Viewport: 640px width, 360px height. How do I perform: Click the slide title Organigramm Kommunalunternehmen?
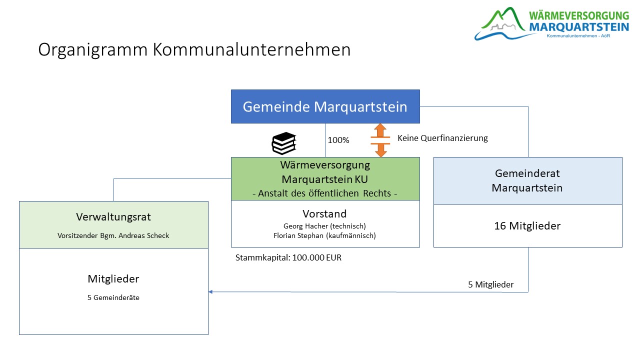click(194, 50)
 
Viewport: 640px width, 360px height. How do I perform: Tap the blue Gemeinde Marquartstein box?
click(325, 106)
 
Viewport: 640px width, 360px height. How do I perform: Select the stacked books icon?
click(284, 143)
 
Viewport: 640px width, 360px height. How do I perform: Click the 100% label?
click(338, 140)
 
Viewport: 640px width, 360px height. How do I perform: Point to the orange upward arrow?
click(380, 131)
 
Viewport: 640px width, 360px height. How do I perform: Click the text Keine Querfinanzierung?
click(442, 138)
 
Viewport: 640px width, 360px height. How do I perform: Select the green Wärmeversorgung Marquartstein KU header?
click(325, 172)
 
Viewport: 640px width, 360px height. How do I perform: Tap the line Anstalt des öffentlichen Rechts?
click(325, 193)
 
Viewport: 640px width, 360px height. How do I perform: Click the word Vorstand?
click(325, 214)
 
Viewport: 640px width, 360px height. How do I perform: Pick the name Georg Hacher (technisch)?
click(325, 226)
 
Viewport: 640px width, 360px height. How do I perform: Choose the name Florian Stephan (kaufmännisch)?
click(325, 235)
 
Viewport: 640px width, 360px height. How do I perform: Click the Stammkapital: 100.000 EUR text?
click(288, 258)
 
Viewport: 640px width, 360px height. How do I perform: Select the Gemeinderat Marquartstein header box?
click(527, 180)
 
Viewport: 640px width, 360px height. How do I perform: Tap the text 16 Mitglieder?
click(527, 226)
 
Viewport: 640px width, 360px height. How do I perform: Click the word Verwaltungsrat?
click(113, 217)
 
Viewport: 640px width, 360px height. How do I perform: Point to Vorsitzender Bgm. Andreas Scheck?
click(113, 235)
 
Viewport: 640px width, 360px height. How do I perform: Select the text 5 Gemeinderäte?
click(113, 297)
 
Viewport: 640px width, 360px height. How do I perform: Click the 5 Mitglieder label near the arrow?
click(490, 285)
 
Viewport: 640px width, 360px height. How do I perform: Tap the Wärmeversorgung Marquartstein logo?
click(551, 23)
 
